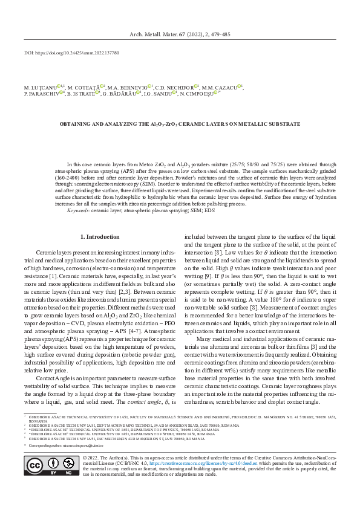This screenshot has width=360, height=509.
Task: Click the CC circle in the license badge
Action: point(35,483)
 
